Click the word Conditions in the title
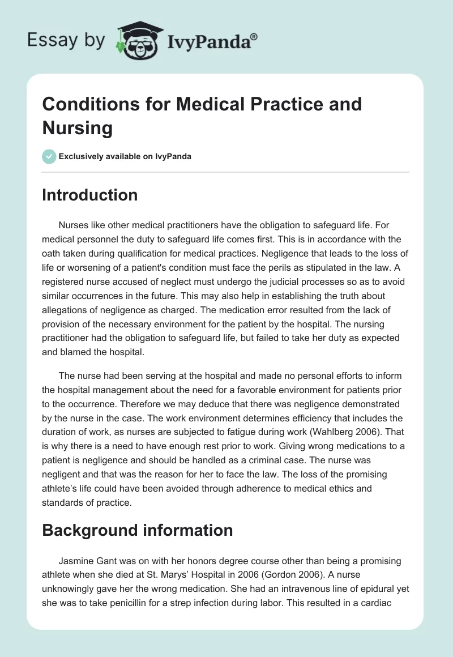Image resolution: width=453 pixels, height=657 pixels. point(90,104)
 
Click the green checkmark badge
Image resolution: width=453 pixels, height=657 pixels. point(49,156)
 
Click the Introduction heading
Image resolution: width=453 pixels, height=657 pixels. point(90,195)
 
